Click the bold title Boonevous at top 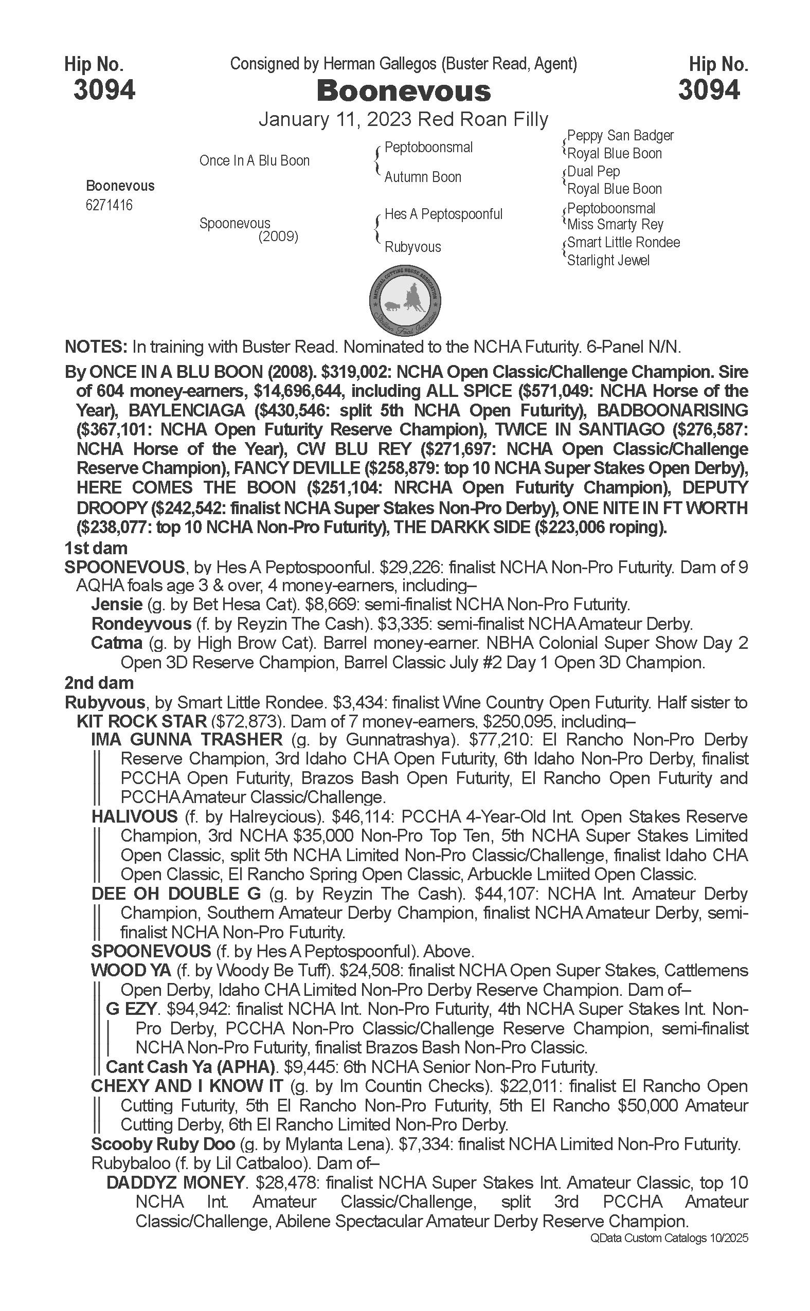tap(403, 91)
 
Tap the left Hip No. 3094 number tap(104, 90)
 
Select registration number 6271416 tap(109, 205)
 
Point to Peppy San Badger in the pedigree tap(620, 136)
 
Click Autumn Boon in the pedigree tap(423, 177)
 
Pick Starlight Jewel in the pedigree tap(608, 261)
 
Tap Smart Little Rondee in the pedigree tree tap(623, 243)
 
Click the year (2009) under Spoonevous tap(278, 236)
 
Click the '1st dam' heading tap(96, 549)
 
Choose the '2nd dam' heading tap(99, 683)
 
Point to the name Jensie tap(117, 605)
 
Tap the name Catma tap(117, 643)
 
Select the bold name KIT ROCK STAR tap(141, 721)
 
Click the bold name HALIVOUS tap(134, 817)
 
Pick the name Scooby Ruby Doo tap(163, 1144)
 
